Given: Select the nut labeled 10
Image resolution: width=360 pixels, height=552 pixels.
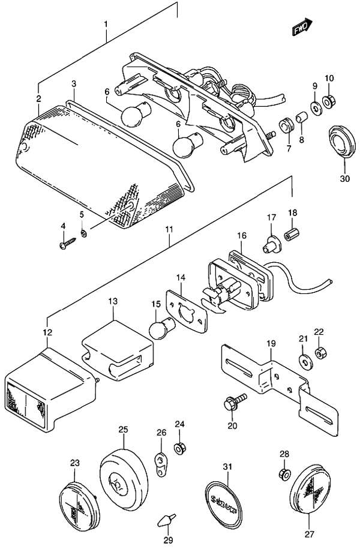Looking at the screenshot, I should (x=329, y=103).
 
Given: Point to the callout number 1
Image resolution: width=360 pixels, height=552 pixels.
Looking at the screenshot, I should (x=106, y=25).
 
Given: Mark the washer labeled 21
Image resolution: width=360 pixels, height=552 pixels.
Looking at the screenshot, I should (x=304, y=361).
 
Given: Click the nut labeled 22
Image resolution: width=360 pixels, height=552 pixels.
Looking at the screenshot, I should (x=320, y=353).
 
